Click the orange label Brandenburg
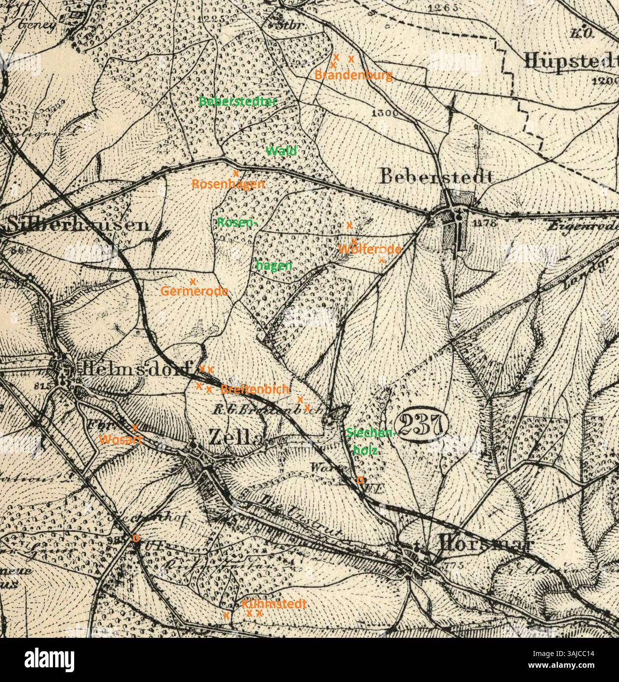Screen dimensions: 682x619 (353, 75)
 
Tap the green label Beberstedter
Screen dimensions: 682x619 (238, 101)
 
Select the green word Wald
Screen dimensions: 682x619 (281, 151)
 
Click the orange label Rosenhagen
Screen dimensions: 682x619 (228, 184)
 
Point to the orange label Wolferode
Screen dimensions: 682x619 (369, 249)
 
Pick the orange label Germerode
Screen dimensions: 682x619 (194, 291)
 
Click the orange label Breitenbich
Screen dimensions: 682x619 (254, 389)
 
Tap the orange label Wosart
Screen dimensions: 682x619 (120, 439)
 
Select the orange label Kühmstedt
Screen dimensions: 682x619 (274, 603)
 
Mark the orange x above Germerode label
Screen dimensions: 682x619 (193, 281)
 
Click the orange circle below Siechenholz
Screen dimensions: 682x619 (360, 479)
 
